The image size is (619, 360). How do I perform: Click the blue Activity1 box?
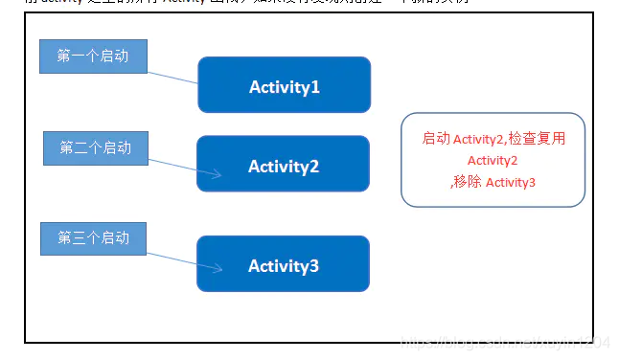[x=284, y=86]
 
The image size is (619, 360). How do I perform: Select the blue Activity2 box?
[x=283, y=166]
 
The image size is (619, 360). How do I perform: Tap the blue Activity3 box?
[x=283, y=264]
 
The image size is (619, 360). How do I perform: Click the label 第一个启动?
[x=93, y=56]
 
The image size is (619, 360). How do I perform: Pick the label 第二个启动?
[x=95, y=147]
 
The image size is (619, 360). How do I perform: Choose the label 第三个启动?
[x=93, y=238]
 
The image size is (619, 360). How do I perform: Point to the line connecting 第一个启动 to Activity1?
[x=172, y=76]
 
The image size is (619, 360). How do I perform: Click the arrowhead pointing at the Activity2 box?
[x=218, y=174]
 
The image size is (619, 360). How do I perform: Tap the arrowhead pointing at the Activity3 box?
[x=218, y=270]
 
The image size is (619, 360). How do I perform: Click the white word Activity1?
[x=284, y=87]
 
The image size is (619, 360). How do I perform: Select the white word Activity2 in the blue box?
[x=283, y=167]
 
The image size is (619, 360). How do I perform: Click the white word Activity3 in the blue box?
[x=283, y=265]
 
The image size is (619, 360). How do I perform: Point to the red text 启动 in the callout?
[x=436, y=139]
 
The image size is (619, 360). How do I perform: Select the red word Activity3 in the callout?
[x=511, y=182]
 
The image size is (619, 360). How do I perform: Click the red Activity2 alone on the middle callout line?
[x=493, y=161]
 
